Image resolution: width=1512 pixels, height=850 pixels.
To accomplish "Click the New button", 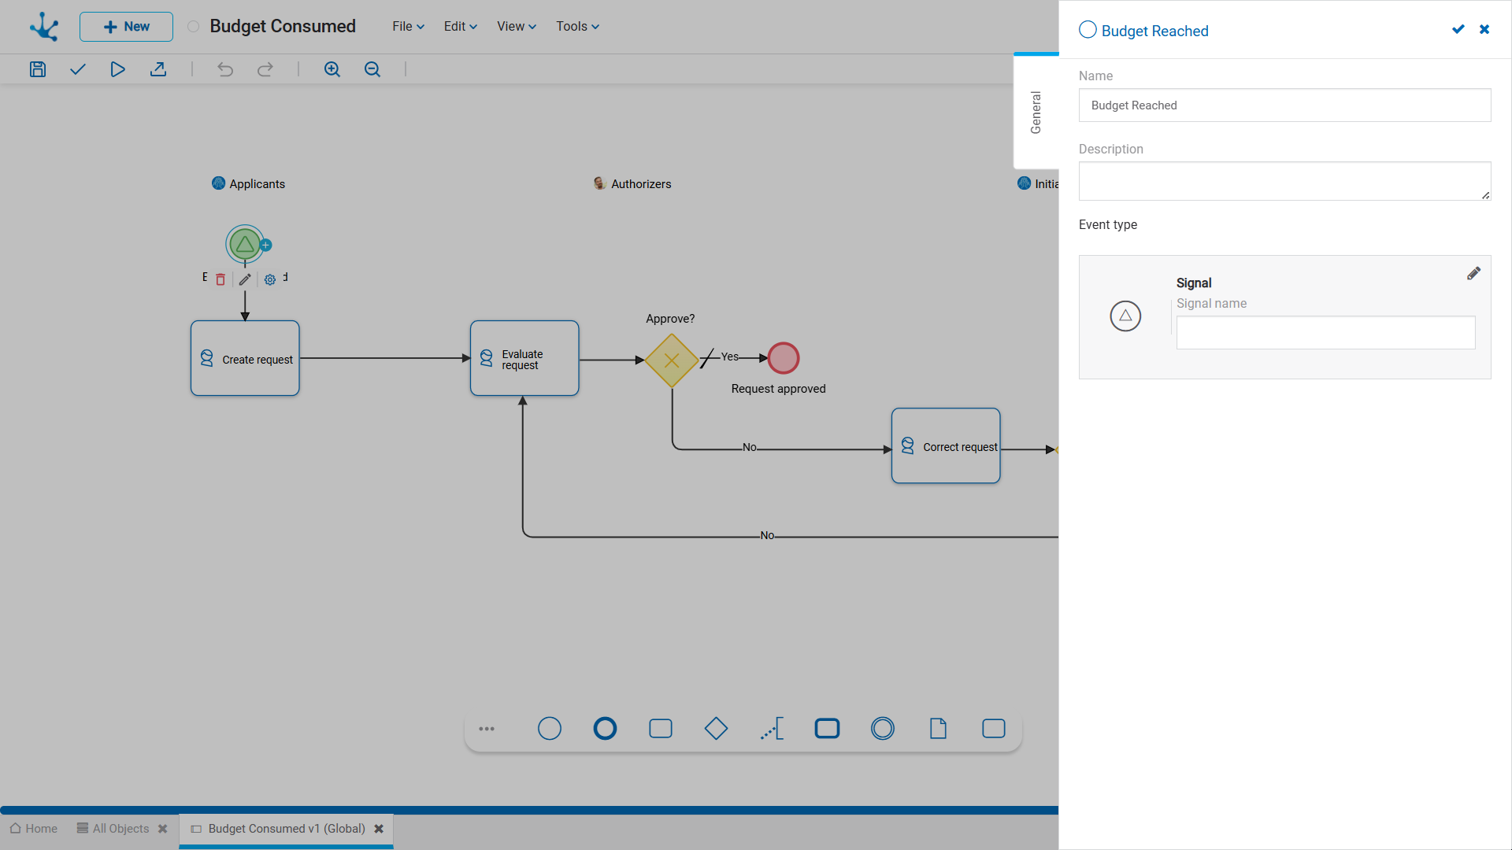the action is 126,27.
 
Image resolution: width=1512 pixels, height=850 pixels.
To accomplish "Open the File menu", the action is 408,27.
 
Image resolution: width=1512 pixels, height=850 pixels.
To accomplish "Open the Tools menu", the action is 577,27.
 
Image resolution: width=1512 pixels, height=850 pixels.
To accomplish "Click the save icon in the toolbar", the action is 38,69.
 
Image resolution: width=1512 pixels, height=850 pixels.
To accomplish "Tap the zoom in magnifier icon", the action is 332,69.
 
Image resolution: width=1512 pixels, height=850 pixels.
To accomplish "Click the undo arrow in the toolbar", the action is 225,69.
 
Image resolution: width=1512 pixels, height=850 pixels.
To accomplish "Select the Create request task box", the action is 245,358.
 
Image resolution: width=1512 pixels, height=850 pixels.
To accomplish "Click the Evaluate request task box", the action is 524,358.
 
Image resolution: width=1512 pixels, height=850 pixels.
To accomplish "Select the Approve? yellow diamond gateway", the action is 672,360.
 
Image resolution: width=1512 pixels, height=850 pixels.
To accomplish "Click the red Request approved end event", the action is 784,358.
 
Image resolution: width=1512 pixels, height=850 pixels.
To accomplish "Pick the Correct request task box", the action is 946,445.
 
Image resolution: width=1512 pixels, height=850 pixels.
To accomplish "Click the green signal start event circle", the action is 245,245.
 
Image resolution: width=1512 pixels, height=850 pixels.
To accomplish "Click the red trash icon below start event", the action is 220,279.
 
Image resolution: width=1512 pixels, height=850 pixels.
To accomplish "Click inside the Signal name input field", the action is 1325,333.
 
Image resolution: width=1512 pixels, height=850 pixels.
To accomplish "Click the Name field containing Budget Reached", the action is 1284,105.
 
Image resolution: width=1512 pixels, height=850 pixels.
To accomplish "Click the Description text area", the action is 1284,181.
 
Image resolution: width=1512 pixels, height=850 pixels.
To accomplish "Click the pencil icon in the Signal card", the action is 1473,274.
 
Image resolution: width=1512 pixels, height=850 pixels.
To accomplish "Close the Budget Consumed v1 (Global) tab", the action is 379,829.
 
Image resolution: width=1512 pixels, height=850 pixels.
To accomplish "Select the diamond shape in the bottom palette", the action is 716,729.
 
